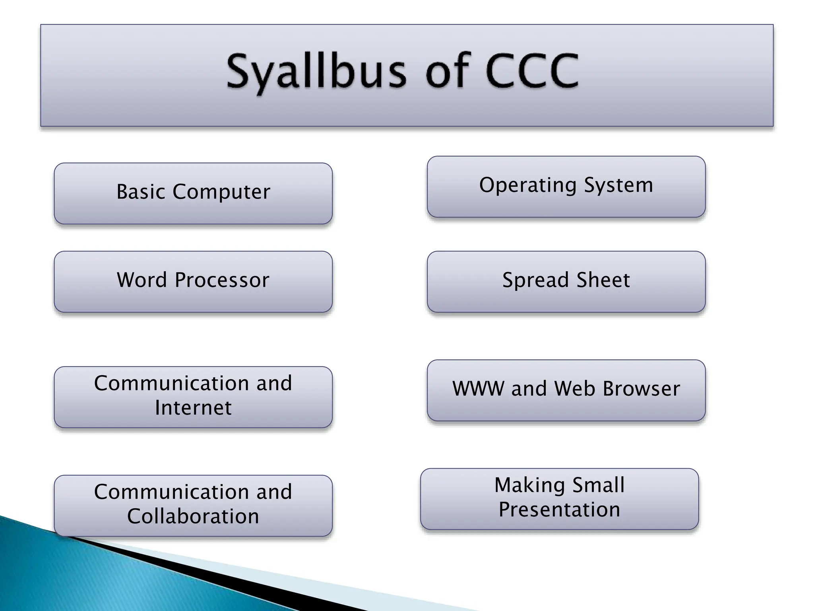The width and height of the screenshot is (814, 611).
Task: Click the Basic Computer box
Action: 193,193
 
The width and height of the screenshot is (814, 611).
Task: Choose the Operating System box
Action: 566,186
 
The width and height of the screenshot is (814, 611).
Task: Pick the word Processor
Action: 222,280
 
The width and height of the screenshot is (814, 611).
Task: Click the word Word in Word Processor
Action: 142,280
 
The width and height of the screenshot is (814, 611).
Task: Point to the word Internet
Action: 193,408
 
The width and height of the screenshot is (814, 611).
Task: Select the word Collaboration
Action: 193,516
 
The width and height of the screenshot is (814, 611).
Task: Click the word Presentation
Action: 559,510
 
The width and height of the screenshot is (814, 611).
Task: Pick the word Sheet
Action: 603,280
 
